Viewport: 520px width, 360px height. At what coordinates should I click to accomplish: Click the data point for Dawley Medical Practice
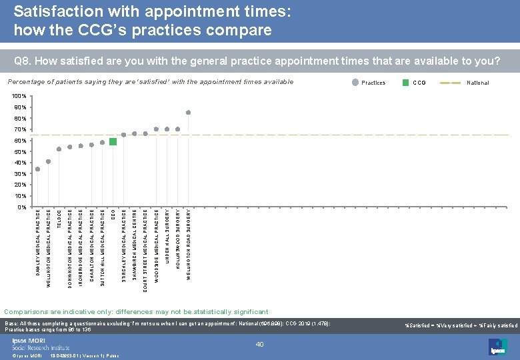point(37,169)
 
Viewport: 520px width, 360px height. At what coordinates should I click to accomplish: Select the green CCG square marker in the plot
point(113,141)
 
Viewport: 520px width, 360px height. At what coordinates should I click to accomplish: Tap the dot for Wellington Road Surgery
point(189,113)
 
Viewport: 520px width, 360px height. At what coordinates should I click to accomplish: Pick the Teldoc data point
point(59,149)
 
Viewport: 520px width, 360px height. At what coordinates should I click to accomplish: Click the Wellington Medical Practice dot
point(48,161)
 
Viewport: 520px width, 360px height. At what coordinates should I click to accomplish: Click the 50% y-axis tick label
point(19,152)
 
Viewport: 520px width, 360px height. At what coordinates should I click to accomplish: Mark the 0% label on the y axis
point(21,207)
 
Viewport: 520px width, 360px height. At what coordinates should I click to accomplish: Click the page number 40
point(261,344)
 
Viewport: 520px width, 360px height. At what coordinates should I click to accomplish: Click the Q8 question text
point(257,61)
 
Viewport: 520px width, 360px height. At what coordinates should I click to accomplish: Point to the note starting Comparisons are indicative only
point(137,311)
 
